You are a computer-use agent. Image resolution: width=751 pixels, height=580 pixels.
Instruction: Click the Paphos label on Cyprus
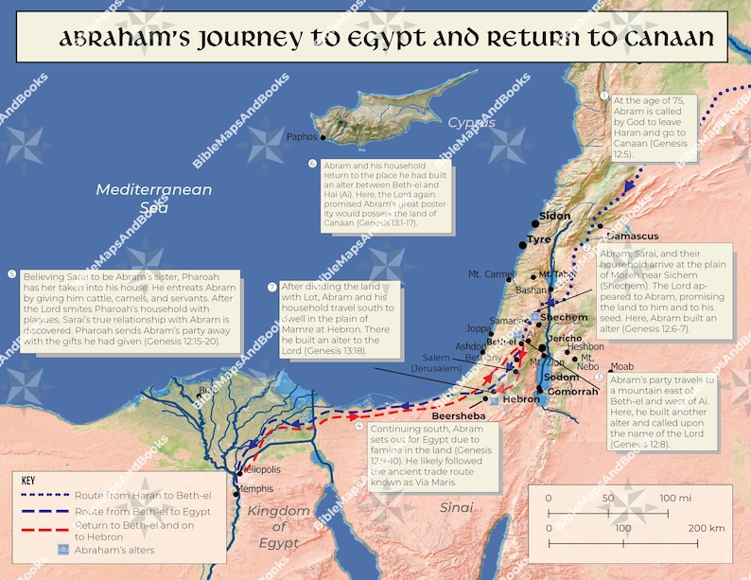click(x=303, y=137)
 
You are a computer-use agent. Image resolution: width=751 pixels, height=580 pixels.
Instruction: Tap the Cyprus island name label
click(x=471, y=123)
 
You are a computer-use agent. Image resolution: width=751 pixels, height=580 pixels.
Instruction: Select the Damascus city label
click(x=632, y=235)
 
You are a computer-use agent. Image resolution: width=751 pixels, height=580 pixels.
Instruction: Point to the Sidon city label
click(x=555, y=216)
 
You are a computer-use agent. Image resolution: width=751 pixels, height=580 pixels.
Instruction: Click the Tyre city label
click(x=539, y=239)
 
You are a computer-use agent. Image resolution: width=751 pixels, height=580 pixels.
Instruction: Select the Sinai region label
click(x=456, y=508)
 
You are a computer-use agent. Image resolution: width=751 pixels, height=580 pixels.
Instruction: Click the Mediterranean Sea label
click(x=141, y=199)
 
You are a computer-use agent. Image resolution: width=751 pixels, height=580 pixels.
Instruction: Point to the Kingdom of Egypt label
click(x=278, y=527)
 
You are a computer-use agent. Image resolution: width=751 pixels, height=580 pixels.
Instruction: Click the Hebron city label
click(x=521, y=399)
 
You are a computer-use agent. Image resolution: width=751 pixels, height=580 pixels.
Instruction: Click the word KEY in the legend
click(x=29, y=480)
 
